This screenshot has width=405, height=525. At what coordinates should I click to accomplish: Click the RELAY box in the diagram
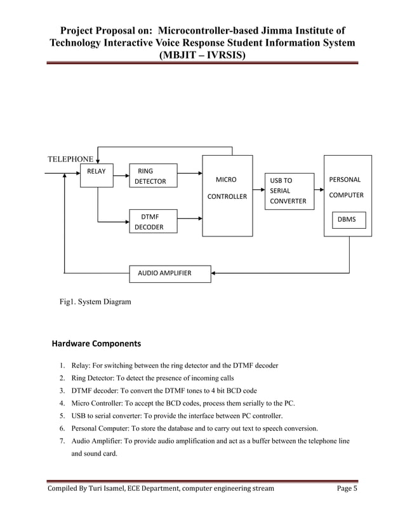96,170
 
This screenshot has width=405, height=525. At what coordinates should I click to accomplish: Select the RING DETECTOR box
153,176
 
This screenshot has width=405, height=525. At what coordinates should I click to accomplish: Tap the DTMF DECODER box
153,222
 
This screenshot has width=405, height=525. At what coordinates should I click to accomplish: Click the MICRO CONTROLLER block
227,196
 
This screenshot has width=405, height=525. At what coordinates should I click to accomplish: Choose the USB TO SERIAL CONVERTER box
289,191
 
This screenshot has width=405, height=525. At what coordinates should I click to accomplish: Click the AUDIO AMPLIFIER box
169,274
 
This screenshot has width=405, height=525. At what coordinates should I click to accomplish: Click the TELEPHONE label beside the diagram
70,158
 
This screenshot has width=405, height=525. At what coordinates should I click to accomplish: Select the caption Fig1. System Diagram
95,302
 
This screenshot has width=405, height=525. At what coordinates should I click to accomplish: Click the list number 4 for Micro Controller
62,403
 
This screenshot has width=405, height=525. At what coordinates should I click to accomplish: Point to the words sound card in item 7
101,454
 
